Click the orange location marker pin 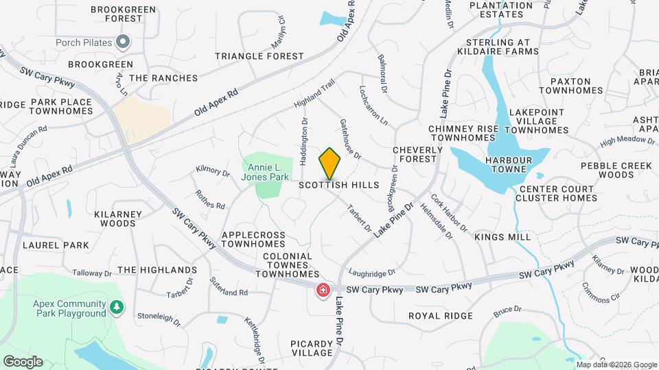(x=329, y=162)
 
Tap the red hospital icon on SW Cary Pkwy (x=321, y=291)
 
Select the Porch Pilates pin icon (x=124, y=42)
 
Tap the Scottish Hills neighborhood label (x=339, y=185)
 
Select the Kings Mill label (x=502, y=236)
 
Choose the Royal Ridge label (x=441, y=316)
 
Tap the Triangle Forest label (x=259, y=56)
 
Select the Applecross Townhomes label (x=253, y=239)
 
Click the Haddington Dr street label (x=303, y=142)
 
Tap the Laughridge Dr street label (x=372, y=272)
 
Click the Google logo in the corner (x=23, y=362)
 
